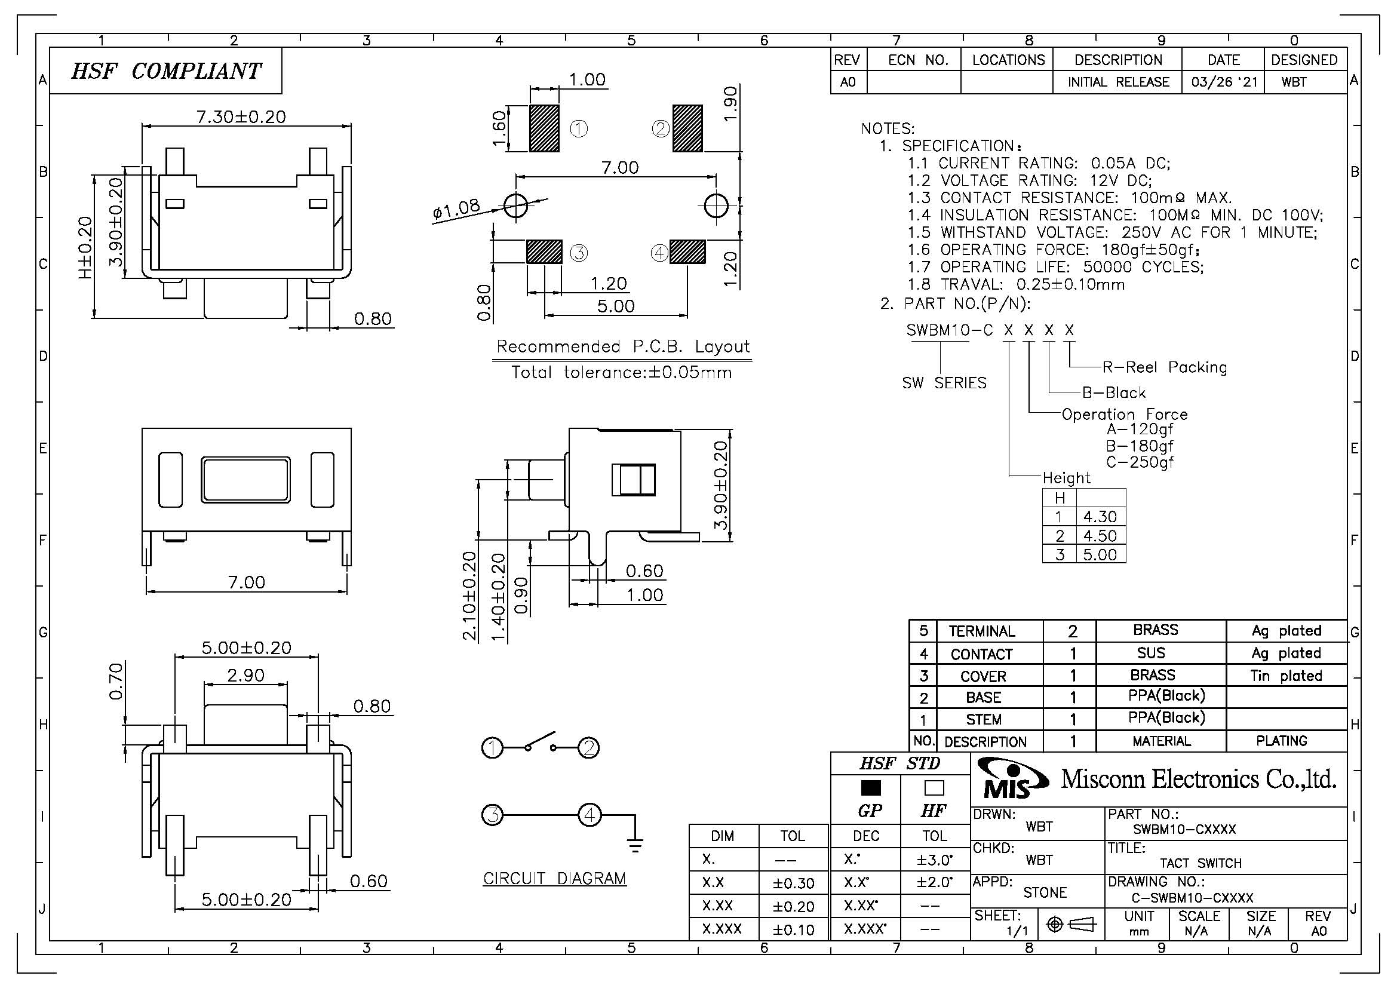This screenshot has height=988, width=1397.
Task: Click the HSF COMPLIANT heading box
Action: click(x=165, y=71)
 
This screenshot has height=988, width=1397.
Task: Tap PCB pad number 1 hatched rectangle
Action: click(x=544, y=128)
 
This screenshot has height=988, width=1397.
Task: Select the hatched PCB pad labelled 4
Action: click(x=687, y=252)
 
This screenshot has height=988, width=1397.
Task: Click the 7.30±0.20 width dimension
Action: click(x=241, y=117)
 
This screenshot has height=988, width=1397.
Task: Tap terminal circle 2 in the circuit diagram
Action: click(x=588, y=747)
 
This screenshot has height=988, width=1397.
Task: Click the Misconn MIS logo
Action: click(x=1011, y=780)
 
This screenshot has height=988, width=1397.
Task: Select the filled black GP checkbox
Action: click(x=871, y=788)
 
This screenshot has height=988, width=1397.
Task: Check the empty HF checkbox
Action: click(x=934, y=788)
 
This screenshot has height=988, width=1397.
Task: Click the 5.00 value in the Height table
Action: click(x=1100, y=554)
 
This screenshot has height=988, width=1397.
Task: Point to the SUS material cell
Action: click(x=1150, y=653)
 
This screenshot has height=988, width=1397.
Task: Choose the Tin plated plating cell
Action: click(x=1287, y=676)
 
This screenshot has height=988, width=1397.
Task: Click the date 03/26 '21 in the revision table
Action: click(x=1224, y=82)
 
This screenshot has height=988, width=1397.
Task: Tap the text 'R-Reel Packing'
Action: click(x=1165, y=367)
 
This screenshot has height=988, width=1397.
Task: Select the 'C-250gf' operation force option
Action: click(x=1140, y=462)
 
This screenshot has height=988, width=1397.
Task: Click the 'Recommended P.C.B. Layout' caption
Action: click(x=622, y=347)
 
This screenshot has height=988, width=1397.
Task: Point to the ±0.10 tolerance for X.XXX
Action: click(x=793, y=929)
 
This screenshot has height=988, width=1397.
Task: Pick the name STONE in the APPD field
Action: click(x=1045, y=892)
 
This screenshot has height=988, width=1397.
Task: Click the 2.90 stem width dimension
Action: click(x=246, y=676)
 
